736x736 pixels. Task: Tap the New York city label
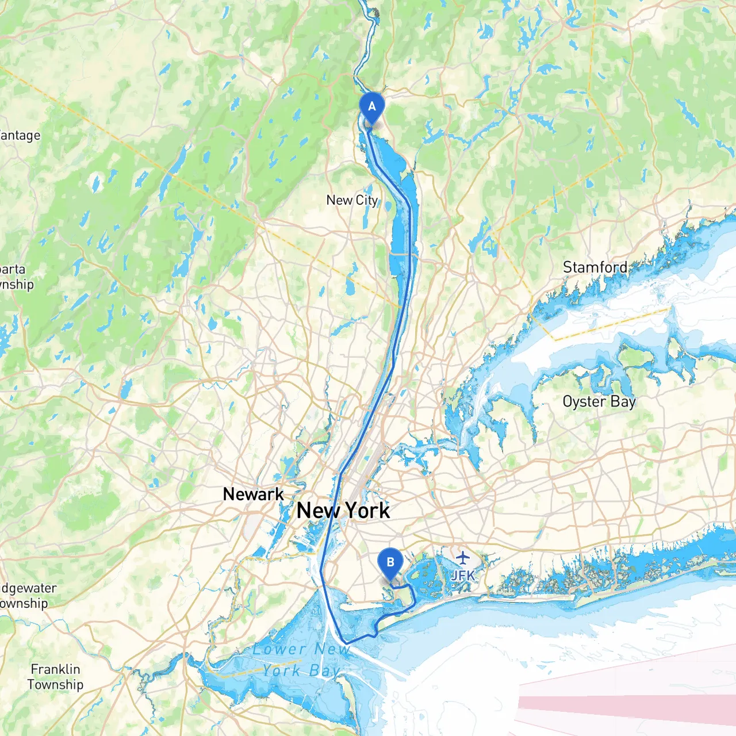coord(343,511)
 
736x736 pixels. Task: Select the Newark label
coord(253,494)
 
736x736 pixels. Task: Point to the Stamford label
coord(595,267)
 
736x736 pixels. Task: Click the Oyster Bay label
coord(599,401)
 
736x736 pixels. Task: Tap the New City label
coord(352,200)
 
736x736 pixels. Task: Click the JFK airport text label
coord(463,575)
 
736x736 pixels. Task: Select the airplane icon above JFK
coord(463,557)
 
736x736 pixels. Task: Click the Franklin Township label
coord(55,677)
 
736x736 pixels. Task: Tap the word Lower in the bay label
coord(279,650)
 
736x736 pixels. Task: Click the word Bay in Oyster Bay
coord(623,401)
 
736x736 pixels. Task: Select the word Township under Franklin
coord(55,685)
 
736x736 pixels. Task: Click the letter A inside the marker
coord(371,106)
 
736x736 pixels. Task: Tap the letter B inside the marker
coord(390,562)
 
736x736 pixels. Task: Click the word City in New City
coord(367,200)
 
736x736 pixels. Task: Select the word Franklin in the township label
coord(55,669)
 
